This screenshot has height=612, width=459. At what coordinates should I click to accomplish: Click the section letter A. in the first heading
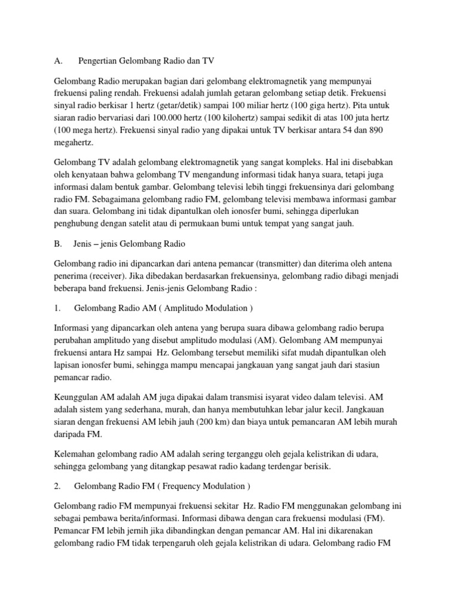(x=59, y=61)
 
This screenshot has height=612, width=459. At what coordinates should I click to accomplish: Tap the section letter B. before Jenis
(x=59, y=244)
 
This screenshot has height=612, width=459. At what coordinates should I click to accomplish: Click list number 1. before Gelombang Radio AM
(x=58, y=308)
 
